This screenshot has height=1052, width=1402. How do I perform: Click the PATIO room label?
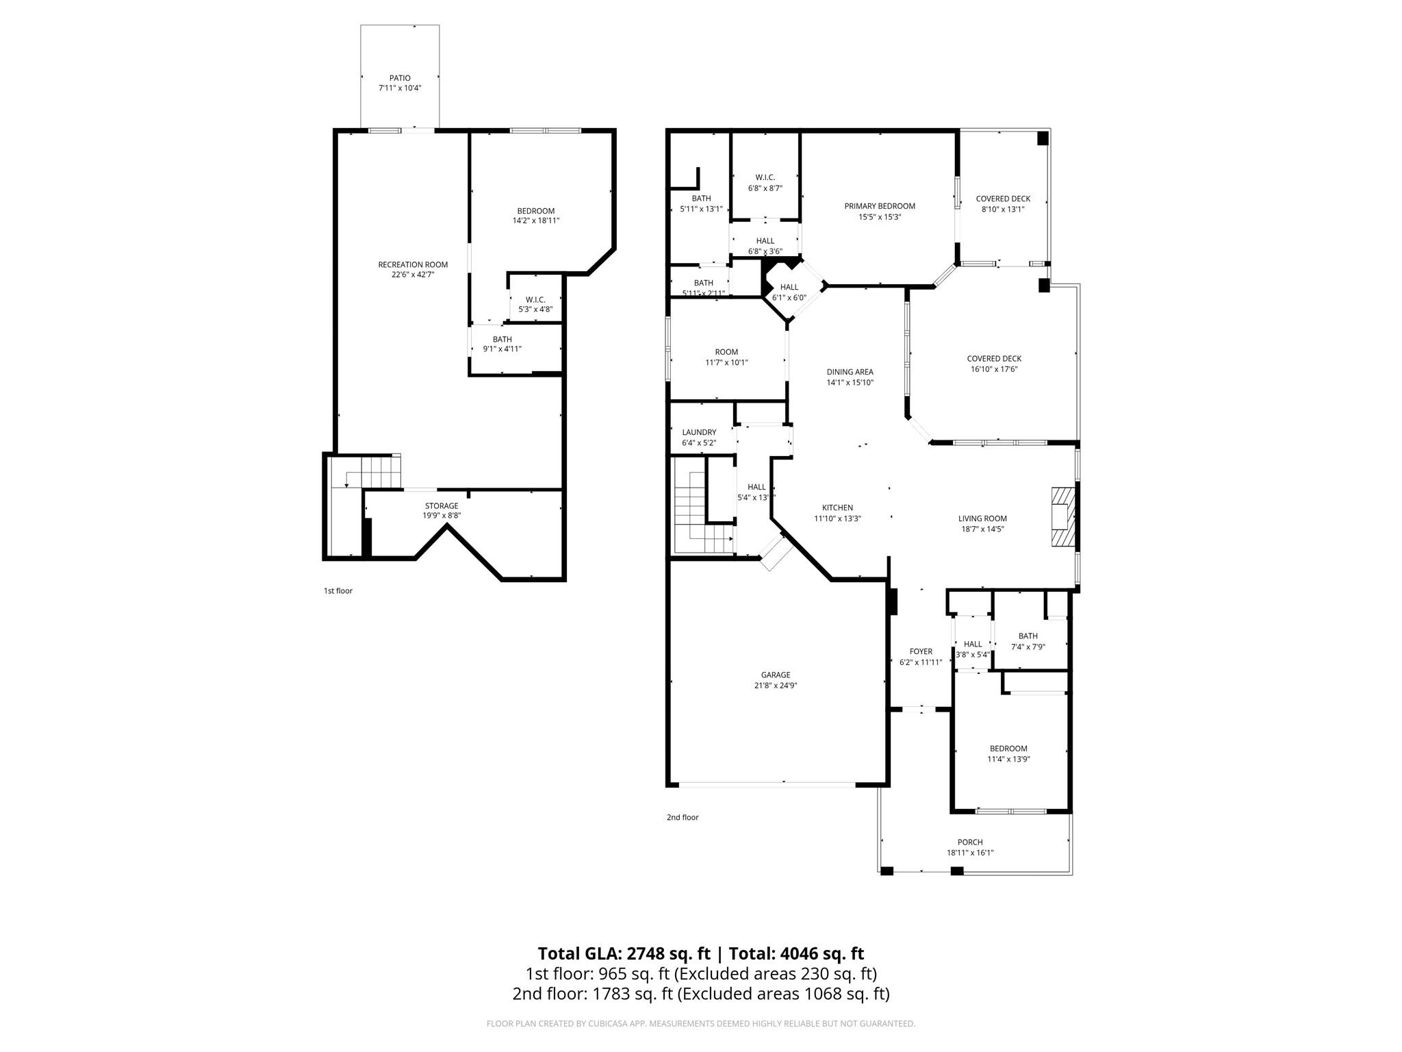click(400, 78)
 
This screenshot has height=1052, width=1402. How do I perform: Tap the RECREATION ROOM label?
click(413, 264)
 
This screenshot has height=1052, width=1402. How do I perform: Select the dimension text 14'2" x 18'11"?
click(536, 221)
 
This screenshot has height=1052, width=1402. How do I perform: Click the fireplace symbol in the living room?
click(1063, 516)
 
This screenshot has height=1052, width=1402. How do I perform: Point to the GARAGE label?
click(775, 675)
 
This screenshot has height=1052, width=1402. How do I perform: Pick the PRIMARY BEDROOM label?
click(879, 206)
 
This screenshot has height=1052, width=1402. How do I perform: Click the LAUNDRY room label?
click(699, 432)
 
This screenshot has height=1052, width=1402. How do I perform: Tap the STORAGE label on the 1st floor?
click(441, 505)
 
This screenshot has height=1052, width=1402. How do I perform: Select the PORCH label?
click(969, 842)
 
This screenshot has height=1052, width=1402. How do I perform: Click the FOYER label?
click(921, 651)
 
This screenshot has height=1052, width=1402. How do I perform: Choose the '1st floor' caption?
click(337, 590)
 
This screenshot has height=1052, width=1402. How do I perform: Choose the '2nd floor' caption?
click(682, 817)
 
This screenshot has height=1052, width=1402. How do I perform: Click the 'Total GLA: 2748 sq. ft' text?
click(624, 953)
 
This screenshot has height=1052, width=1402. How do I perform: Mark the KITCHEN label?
click(837, 508)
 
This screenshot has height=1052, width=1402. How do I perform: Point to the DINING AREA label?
click(850, 372)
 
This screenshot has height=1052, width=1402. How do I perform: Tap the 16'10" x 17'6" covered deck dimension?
click(994, 369)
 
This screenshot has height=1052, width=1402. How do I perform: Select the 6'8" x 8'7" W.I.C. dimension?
click(765, 188)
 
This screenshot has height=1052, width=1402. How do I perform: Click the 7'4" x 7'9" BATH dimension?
click(1028, 647)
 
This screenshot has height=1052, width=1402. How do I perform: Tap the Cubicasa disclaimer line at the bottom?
click(700, 1023)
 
